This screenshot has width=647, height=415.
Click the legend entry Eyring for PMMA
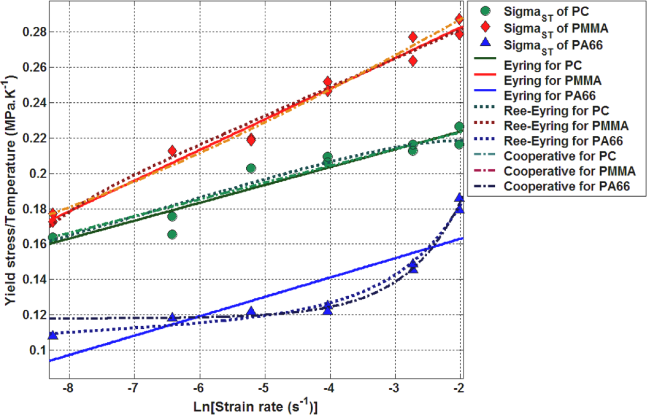click(x=553, y=81)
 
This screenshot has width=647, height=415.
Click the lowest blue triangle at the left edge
click(x=53, y=336)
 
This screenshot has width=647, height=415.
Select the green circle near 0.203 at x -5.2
click(x=251, y=168)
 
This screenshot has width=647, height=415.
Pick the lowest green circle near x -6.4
click(x=172, y=234)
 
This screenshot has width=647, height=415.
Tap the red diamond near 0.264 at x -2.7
click(x=413, y=61)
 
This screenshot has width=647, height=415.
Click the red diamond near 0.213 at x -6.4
click(x=172, y=151)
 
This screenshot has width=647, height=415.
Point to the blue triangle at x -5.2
click(x=251, y=311)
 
